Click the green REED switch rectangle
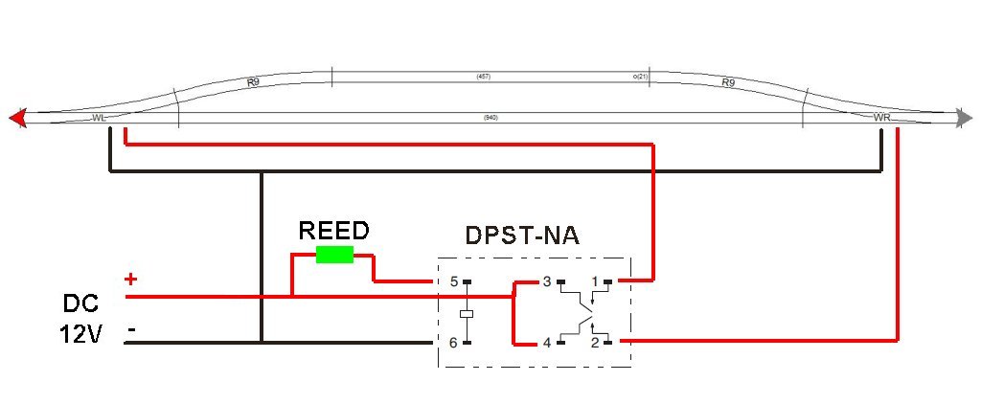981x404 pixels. point(334,254)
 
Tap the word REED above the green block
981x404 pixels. point(332,231)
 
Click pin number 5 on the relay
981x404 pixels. point(454,281)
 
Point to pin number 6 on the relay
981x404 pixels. point(454,342)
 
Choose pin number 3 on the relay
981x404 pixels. point(547,281)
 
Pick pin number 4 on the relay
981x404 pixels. point(547,342)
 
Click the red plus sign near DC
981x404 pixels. point(130,280)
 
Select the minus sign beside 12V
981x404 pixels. point(130,330)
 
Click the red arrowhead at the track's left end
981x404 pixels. point(16,118)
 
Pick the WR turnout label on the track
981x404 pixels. point(882,117)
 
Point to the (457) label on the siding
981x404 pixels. point(483,75)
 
